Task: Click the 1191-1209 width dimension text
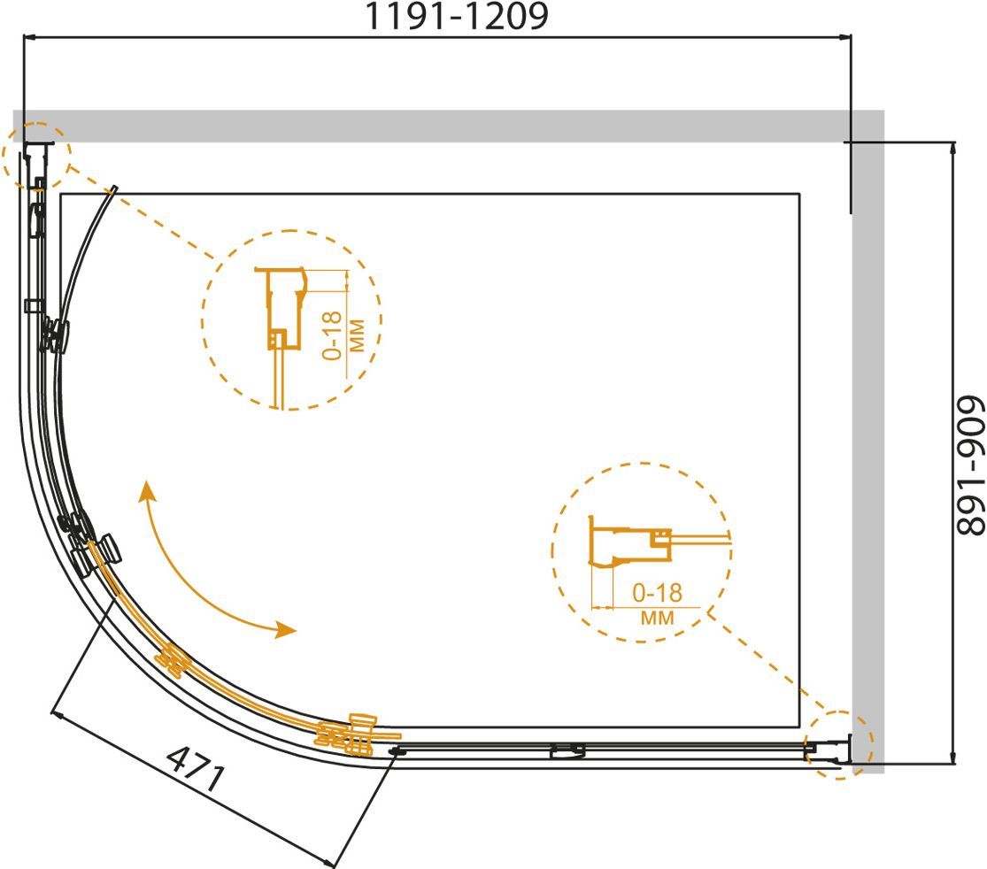[x=457, y=16]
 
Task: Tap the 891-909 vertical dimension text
[x=970, y=465]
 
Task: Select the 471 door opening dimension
[x=196, y=769]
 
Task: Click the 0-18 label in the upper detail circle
[x=332, y=335]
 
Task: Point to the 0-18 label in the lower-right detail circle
[x=657, y=593]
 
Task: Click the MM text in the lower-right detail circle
[x=657, y=618]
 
